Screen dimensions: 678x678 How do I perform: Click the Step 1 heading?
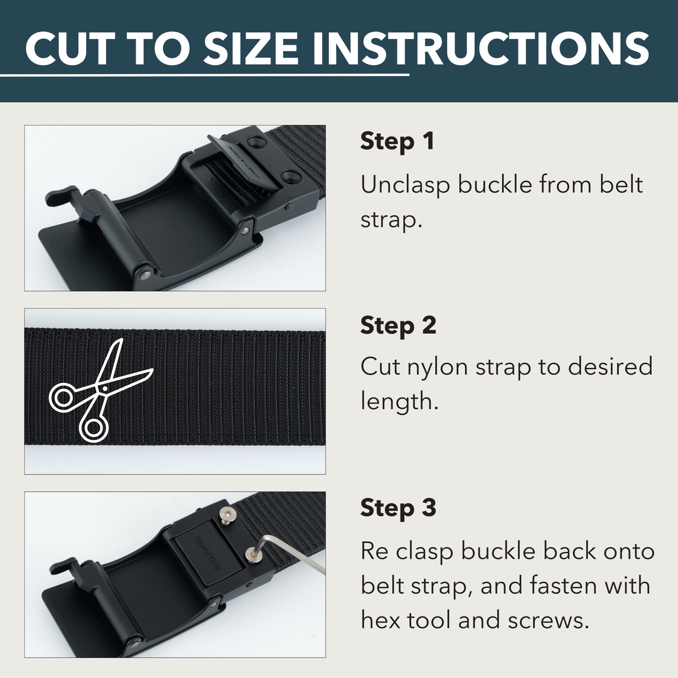point(397,141)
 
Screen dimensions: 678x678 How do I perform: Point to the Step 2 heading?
point(398,325)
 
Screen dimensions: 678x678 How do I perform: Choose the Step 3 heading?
point(398,508)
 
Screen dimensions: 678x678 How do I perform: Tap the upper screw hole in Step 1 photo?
point(255,144)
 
